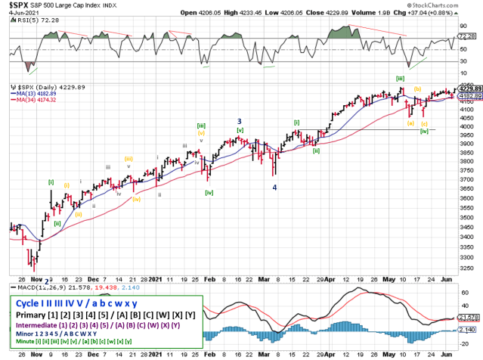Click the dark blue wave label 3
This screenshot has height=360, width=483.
click(239, 120)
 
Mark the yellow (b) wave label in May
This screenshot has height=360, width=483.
click(416, 88)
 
